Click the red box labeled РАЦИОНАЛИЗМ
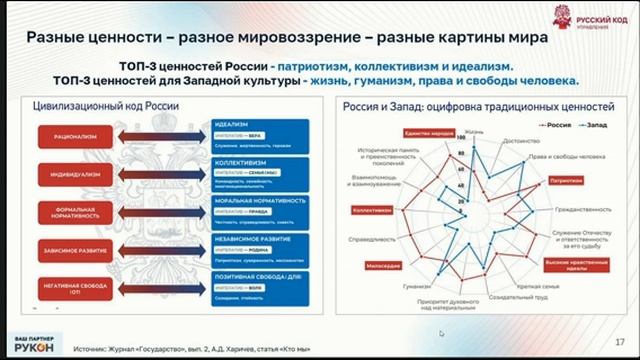(68, 132)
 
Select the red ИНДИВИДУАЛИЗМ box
(68, 170)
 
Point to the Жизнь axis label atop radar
(474, 131)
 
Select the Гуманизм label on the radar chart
(417, 286)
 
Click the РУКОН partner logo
(33, 341)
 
